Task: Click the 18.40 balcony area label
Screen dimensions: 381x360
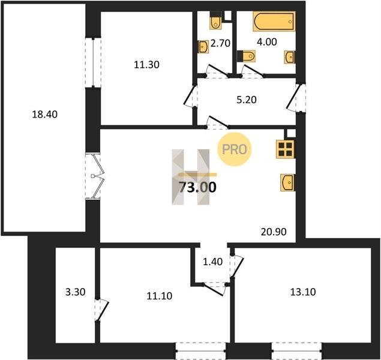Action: coord(45,114)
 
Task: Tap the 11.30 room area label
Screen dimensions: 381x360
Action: coord(147,65)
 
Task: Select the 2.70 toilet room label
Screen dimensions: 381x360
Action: coord(220,43)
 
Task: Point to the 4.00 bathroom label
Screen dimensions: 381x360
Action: coord(267,42)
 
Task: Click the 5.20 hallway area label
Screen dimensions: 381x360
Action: coord(247,100)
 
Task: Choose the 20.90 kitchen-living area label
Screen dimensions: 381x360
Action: coord(274,232)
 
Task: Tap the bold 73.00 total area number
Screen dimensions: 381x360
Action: coord(197,187)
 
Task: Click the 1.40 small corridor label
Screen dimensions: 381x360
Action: coord(212,262)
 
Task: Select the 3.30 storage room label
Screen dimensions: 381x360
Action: coord(76,292)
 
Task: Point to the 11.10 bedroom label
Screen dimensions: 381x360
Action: coord(160,296)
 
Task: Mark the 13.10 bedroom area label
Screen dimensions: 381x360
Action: coord(303,292)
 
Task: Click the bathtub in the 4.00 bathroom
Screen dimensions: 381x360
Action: coord(274,21)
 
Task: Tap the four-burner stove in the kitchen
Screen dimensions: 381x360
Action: coord(286,149)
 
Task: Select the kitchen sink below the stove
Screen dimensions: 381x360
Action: coord(288,182)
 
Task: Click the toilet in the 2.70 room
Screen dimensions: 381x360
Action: coord(215,20)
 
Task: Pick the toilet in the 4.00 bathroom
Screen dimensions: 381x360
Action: coord(246,56)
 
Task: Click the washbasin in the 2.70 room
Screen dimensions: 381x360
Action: coord(203,47)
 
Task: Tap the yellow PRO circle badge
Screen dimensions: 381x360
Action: coord(234,149)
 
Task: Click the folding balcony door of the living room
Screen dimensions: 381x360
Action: coord(95,176)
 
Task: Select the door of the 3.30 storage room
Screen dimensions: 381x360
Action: coord(101,310)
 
